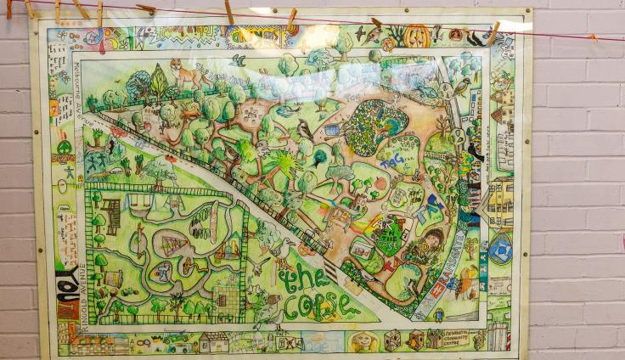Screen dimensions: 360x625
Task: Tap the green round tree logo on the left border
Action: tap(64, 146)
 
